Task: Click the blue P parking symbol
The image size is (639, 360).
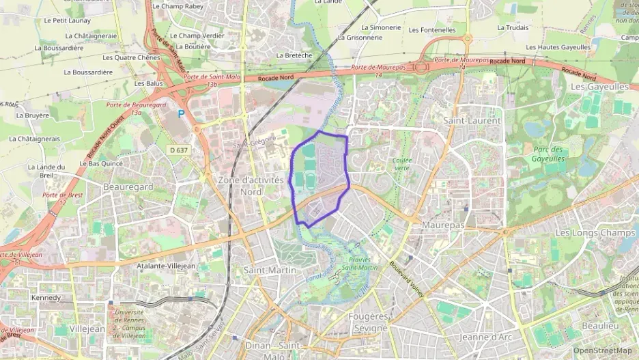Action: [x=181, y=115]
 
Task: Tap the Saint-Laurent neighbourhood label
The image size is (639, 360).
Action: [x=472, y=120]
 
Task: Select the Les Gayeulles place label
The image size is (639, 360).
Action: [x=599, y=87]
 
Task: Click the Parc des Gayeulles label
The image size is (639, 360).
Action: [x=548, y=154]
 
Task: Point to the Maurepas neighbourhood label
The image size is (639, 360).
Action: [x=443, y=225]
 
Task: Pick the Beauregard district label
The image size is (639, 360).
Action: [x=128, y=186]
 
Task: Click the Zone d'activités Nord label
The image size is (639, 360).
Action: [x=251, y=185]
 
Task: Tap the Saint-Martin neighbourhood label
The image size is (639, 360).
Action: [x=270, y=270]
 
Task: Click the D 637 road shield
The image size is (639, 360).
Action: [x=178, y=150]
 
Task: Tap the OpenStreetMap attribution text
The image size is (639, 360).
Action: [x=602, y=350]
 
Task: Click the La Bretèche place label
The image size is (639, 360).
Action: [x=294, y=55]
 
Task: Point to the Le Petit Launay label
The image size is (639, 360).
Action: [x=67, y=20]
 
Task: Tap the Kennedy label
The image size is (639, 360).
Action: [x=46, y=298]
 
